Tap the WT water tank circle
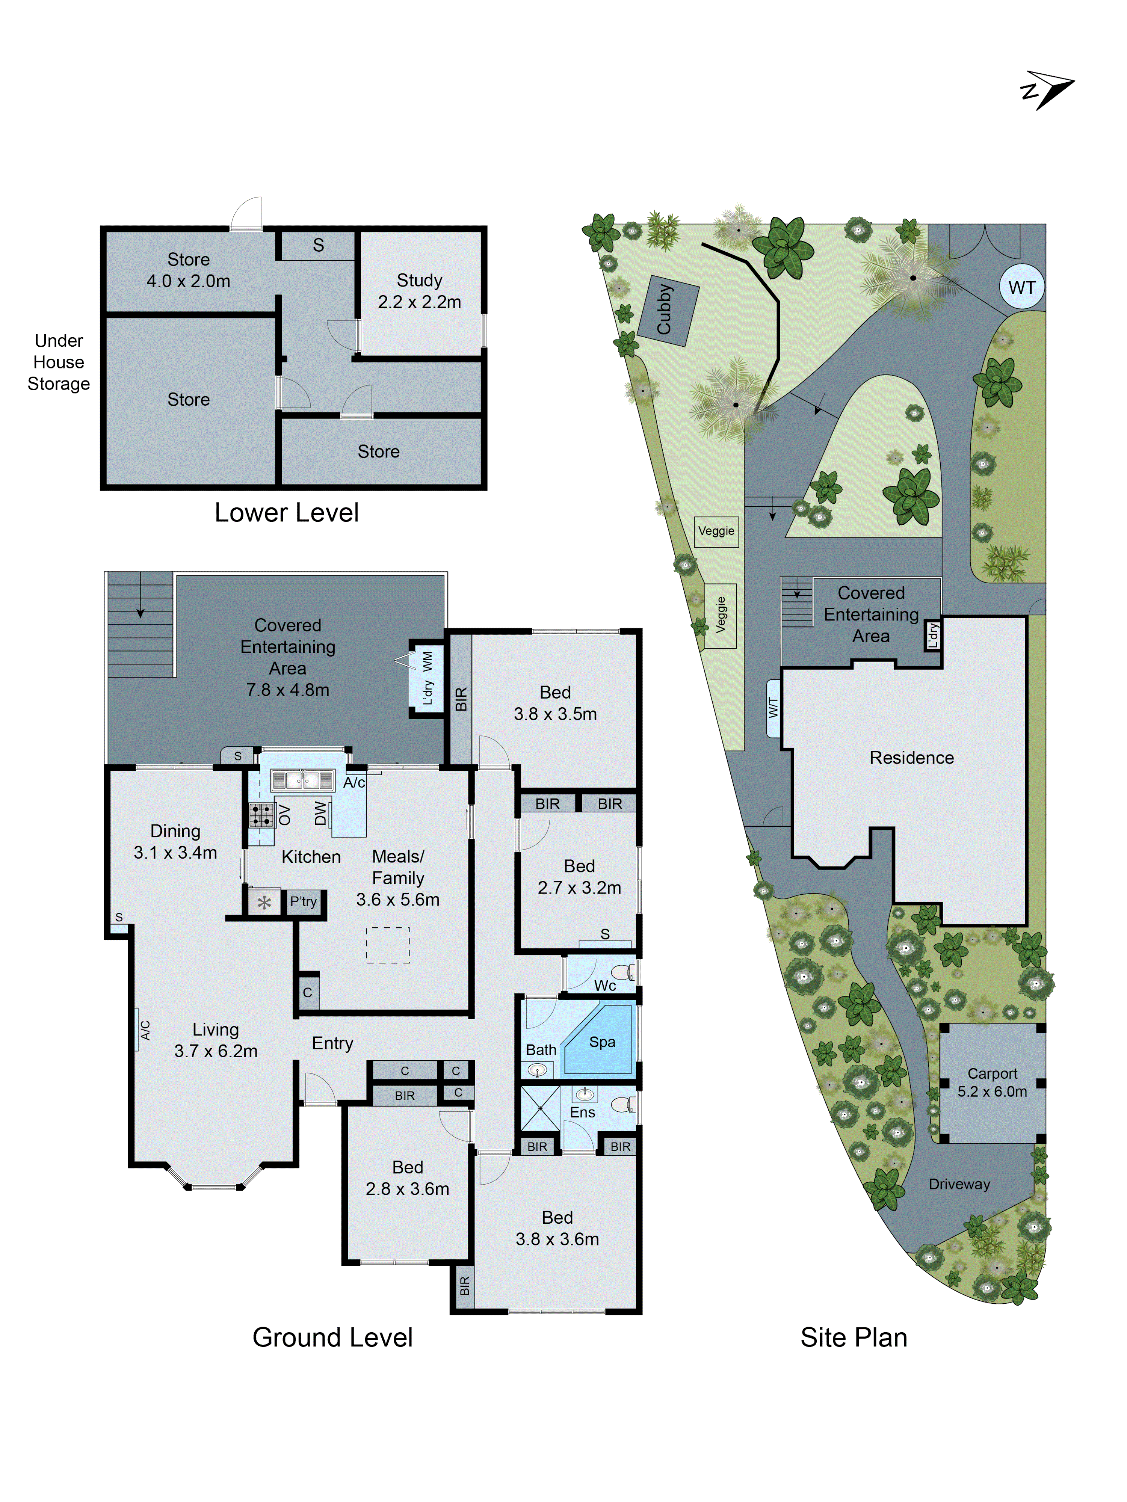point(1021,287)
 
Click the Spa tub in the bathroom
point(600,1041)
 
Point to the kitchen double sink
point(302,780)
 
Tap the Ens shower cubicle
point(540,1108)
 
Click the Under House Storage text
point(59,362)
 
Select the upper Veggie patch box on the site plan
point(716,531)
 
